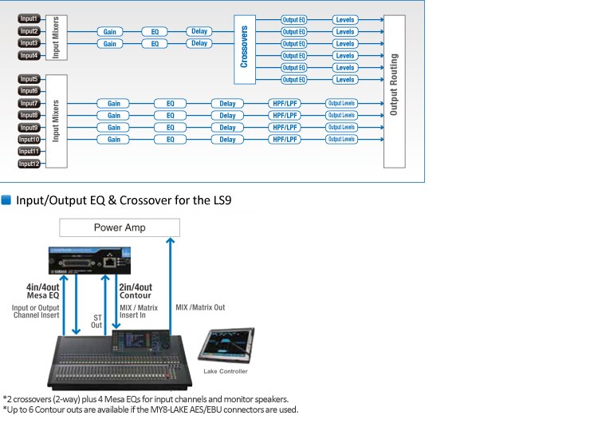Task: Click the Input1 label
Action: tap(29, 18)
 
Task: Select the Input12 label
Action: tap(29, 164)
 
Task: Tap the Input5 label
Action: tap(29, 79)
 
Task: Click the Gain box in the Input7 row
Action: tap(114, 104)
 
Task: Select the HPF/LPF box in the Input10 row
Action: tap(285, 140)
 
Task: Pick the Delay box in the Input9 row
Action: tap(227, 128)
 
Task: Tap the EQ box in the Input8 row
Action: tap(170, 116)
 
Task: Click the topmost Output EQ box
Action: tap(294, 19)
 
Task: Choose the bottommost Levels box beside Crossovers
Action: tap(345, 80)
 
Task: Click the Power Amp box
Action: tap(119, 227)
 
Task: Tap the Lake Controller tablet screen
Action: tap(228, 344)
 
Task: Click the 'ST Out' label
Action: tap(96, 321)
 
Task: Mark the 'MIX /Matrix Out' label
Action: tap(199, 307)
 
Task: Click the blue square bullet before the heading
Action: tap(6, 199)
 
